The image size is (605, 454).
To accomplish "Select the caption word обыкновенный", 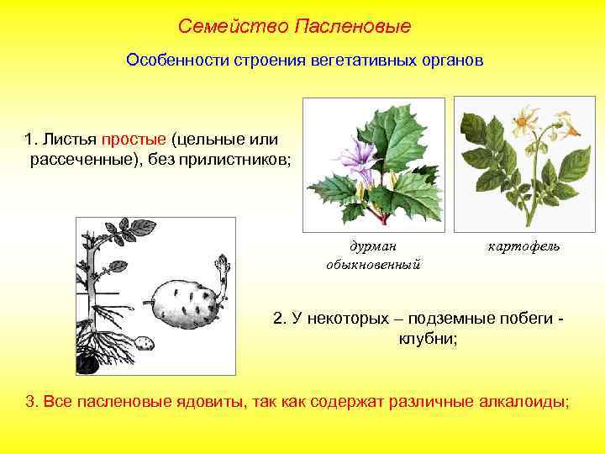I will pyautogui.click(x=373, y=263).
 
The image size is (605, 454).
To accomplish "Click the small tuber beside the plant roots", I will pyautogui.click(x=145, y=343).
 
